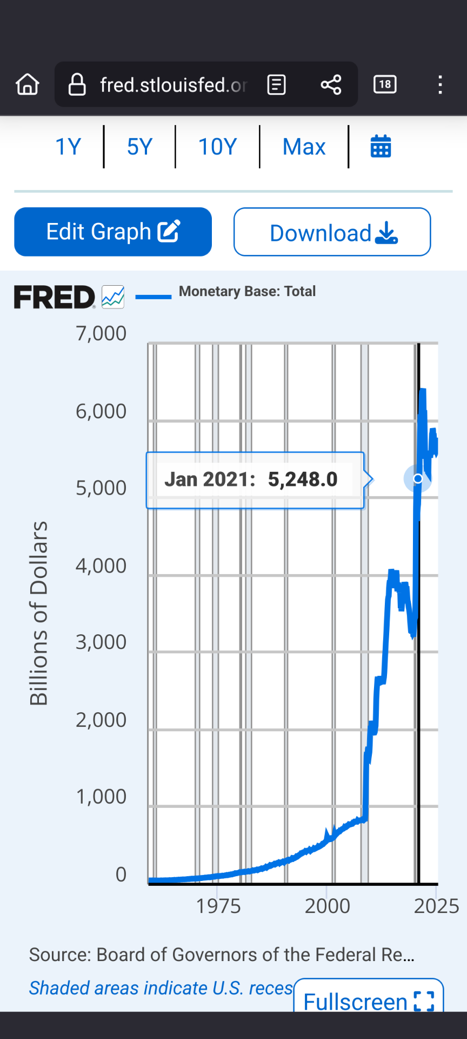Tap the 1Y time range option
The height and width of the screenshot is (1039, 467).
pyautogui.click(x=69, y=147)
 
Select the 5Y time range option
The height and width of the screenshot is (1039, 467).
pyautogui.click(x=139, y=147)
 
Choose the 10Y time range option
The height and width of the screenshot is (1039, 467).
pyautogui.click(x=217, y=147)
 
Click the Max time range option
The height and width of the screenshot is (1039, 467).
pyautogui.click(x=304, y=147)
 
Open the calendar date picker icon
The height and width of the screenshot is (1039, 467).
pyautogui.click(x=381, y=147)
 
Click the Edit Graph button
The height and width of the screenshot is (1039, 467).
pyautogui.click(x=113, y=232)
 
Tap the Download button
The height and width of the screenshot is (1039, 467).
pyautogui.click(x=332, y=232)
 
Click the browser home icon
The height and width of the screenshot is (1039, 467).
pyautogui.click(x=28, y=84)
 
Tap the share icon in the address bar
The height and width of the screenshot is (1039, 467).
pyautogui.click(x=331, y=84)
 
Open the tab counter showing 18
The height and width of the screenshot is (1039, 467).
pyautogui.click(x=385, y=84)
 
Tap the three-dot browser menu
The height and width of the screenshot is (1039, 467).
pyautogui.click(x=441, y=84)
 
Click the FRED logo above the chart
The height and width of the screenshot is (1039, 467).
pyautogui.click(x=55, y=297)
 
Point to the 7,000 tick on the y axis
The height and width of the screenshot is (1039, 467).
pyautogui.click(x=101, y=333)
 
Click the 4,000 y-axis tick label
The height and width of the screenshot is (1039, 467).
pyautogui.click(x=101, y=565)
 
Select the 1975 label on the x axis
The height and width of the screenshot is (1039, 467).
pyautogui.click(x=218, y=906)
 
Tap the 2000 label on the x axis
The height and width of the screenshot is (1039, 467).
pyautogui.click(x=327, y=906)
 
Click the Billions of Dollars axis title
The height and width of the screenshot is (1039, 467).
pyautogui.click(x=39, y=613)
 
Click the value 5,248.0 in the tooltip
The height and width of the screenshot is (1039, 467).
pyautogui.click(x=303, y=479)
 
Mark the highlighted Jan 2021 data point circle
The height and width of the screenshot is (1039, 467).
pyautogui.click(x=418, y=478)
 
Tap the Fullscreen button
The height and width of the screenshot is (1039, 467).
pyautogui.click(x=369, y=1001)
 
